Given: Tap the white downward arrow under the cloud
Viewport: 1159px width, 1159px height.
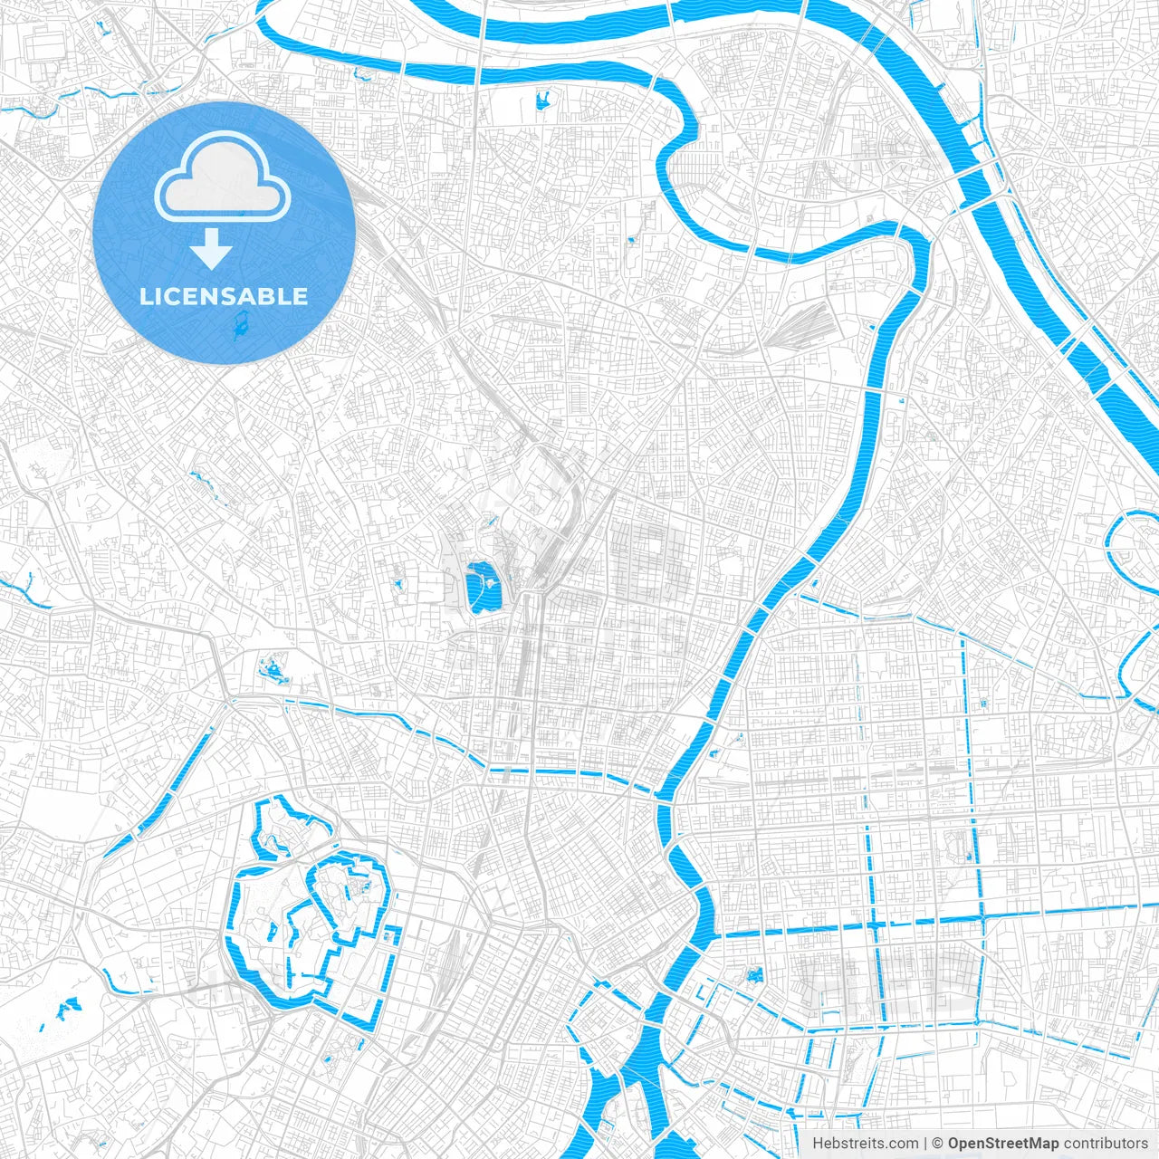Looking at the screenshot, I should pyautogui.click(x=211, y=248).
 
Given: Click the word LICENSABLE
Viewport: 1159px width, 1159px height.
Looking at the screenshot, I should pyautogui.click(x=224, y=297).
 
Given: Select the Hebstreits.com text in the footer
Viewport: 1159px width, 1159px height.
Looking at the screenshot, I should pyautogui.click(x=865, y=1144).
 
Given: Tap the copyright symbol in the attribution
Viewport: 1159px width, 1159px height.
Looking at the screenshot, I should pyautogui.click(x=938, y=1144).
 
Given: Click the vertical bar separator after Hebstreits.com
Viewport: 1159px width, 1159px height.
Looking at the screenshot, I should pyautogui.click(x=924, y=1144).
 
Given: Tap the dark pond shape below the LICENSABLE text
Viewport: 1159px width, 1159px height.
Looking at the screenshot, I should pyautogui.click(x=241, y=327).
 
